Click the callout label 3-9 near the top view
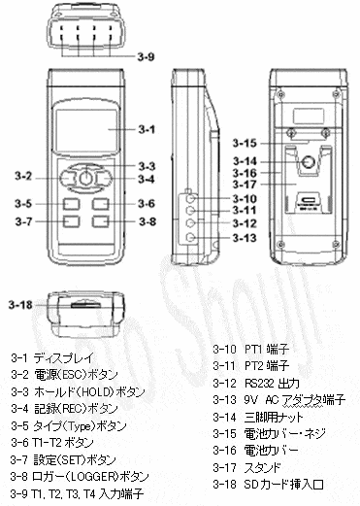[147, 57]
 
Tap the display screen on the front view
[86, 128]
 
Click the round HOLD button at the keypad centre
[85, 178]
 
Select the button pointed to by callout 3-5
[71, 204]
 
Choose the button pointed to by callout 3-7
[71, 221]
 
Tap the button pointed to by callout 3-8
[100, 221]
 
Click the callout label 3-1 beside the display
[147, 129]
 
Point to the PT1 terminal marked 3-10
[191, 198]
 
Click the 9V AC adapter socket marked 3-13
[191, 238]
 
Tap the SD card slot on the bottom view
[85, 305]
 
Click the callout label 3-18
[20, 305]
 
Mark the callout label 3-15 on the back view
[245, 143]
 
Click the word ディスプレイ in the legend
[63, 357]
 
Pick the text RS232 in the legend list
[257, 383]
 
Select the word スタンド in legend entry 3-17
[263, 467]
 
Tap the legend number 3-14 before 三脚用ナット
[225, 417]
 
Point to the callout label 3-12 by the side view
[245, 223]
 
